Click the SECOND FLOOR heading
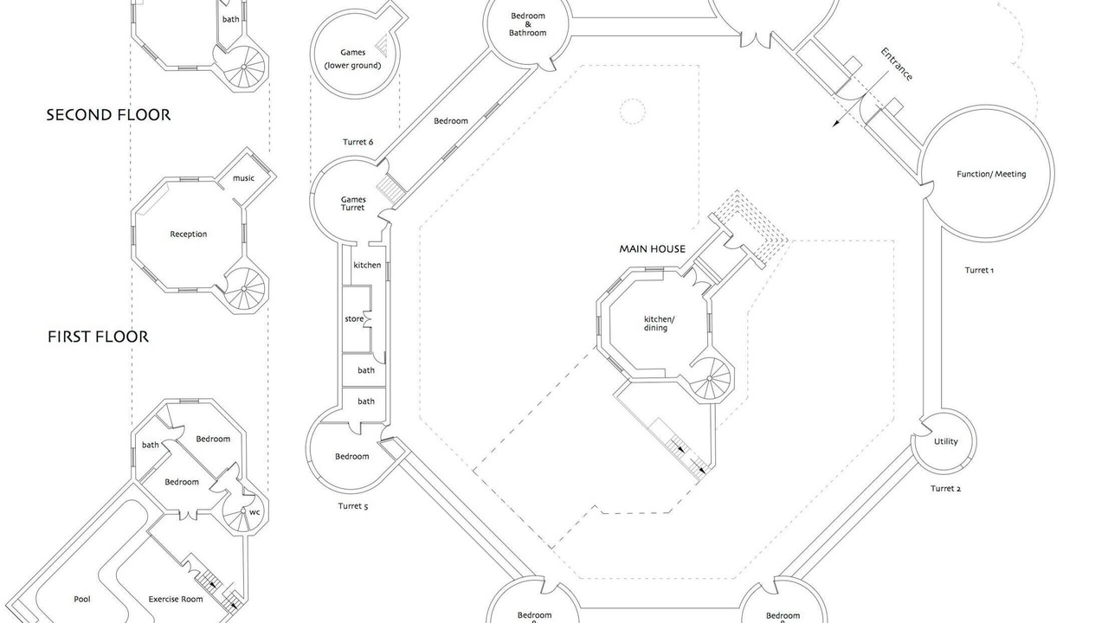point(108,115)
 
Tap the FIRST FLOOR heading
point(98,337)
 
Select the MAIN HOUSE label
point(653,248)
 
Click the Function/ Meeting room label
point(991,174)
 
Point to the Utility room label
point(946,441)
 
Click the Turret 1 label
point(979,270)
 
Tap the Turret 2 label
point(945,489)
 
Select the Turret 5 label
point(352,506)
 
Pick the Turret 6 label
point(358,142)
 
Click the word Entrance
point(896,64)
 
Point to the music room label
point(243,178)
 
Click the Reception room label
point(189,234)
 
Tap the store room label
point(354,319)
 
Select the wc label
point(254,512)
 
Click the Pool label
point(82,600)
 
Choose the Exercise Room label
point(176,600)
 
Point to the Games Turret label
point(352,203)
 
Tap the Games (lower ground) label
point(352,59)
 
